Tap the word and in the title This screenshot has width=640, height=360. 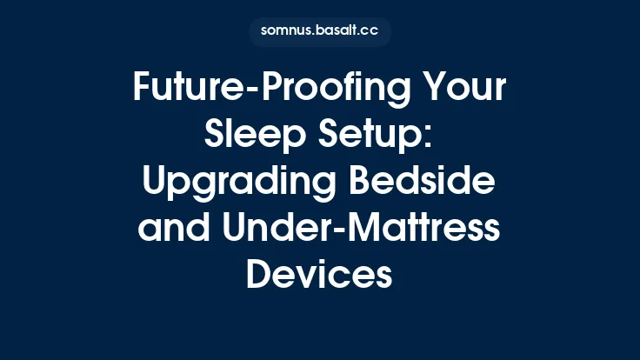click(x=174, y=229)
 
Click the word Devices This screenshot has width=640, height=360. click(x=320, y=276)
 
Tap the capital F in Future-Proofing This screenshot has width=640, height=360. click(x=143, y=88)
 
